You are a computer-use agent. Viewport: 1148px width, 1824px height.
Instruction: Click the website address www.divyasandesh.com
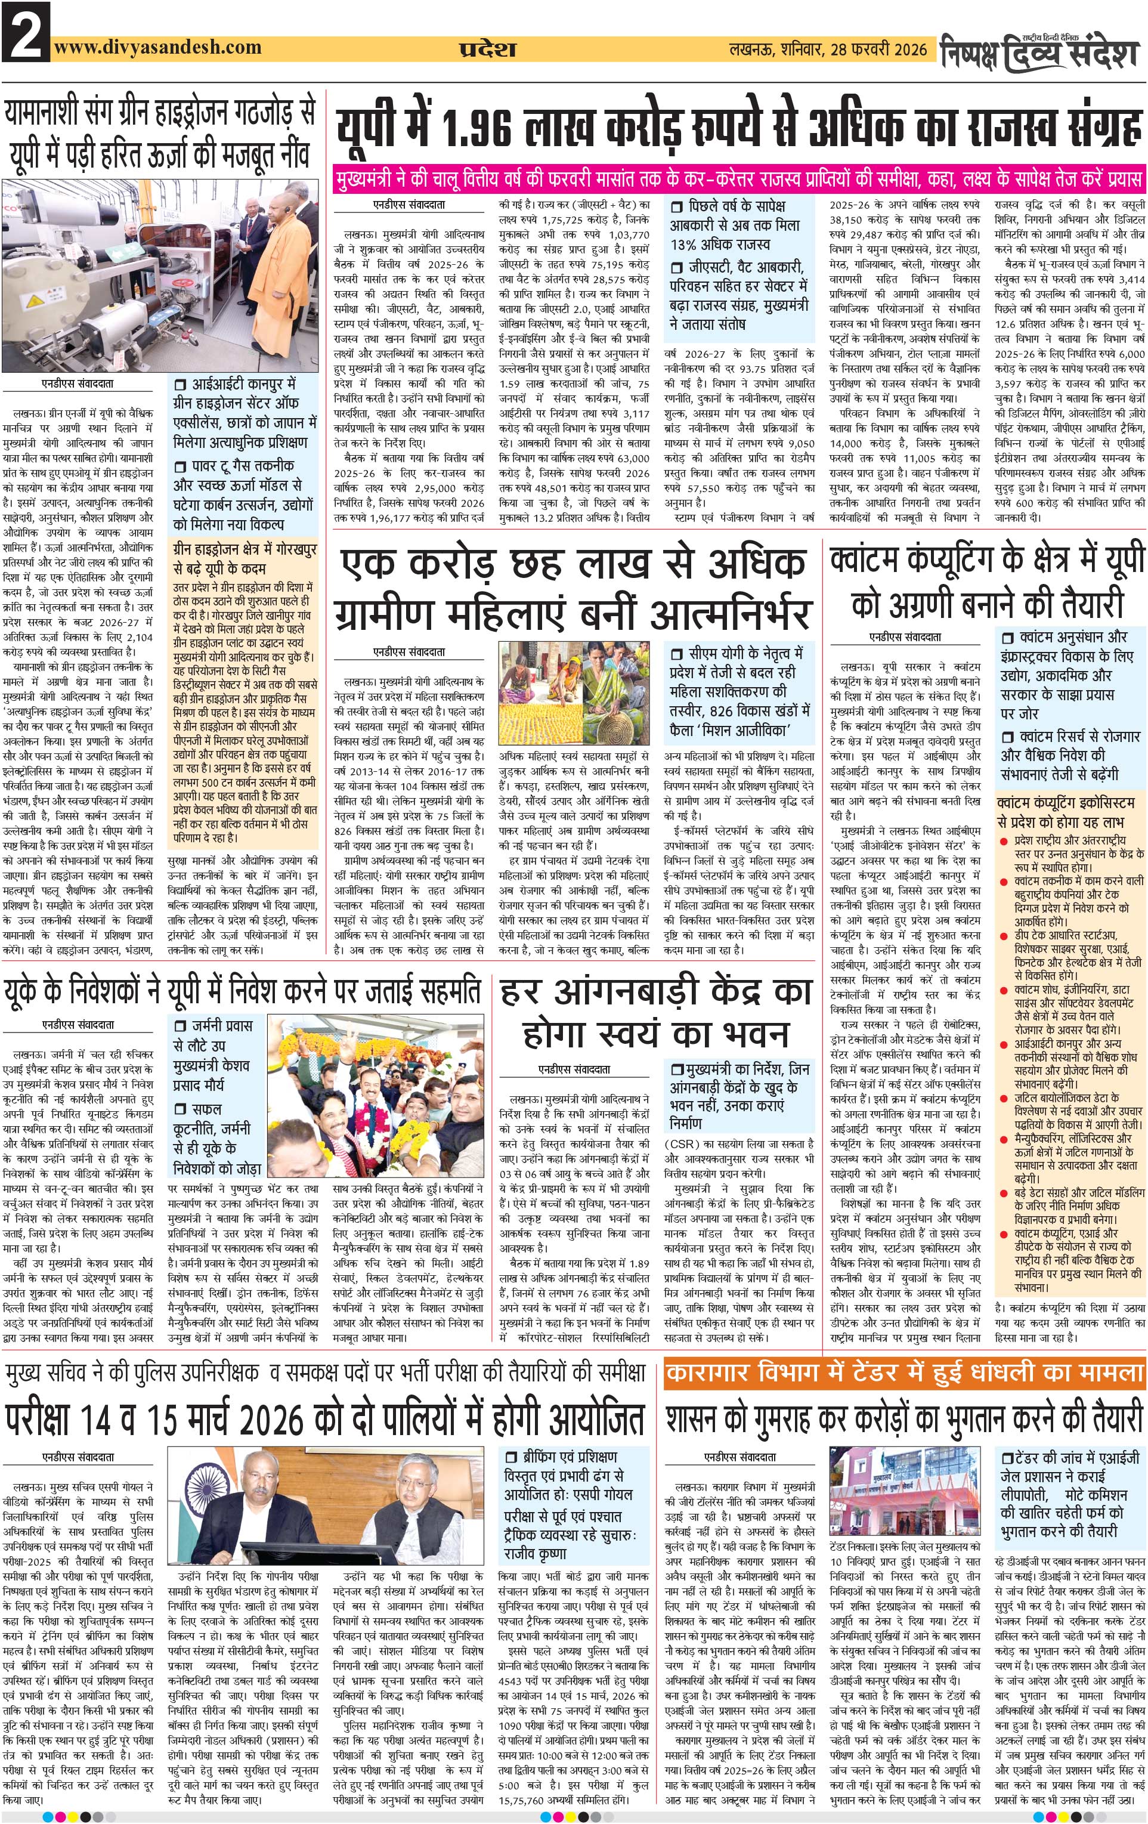pos(157,47)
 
